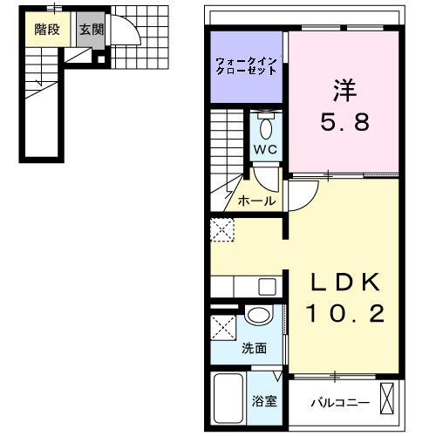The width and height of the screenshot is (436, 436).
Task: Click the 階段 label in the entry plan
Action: (x=47, y=29)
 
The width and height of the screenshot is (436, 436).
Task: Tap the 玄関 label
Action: (x=90, y=29)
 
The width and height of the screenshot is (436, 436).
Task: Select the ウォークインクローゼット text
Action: (x=248, y=65)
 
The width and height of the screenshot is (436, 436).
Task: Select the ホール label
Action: (x=257, y=201)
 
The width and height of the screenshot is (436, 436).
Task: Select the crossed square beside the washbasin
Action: (x=223, y=330)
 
